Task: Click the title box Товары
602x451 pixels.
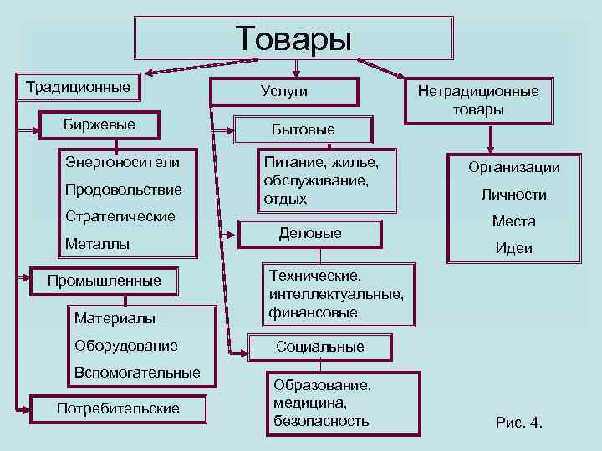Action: click(x=293, y=38)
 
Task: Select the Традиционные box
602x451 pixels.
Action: click(x=79, y=87)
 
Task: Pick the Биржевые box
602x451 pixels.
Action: click(x=99, y=125)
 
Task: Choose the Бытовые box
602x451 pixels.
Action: click(x=303, y=129)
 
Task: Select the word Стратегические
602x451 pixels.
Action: click(x=120, y=216)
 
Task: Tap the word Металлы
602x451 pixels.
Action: click(x=97, y=244)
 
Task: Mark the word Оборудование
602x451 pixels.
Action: click(x=125, y=345)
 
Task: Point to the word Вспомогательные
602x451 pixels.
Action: click(x=137, y=372)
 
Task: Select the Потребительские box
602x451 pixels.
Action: click(x=118, y=408)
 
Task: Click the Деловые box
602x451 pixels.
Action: click(x=310, y=233)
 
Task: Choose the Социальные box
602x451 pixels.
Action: click(x=320, y=346)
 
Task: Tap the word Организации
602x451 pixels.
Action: click(x=513, y=167)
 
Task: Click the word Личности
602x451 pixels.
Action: click(x=513, y=195)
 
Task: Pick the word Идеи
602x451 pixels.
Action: click(x=513, y=249)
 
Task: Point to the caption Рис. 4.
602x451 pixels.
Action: click(x=519, y=423)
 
